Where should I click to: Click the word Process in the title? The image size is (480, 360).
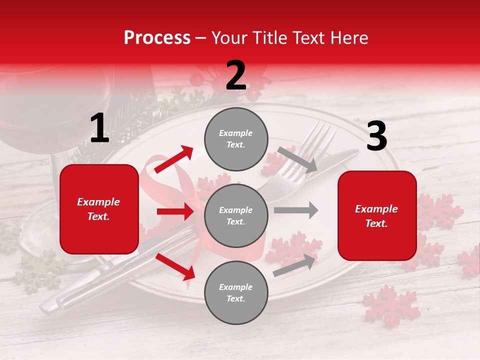(157, 38)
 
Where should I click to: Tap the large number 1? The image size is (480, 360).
(99, 128)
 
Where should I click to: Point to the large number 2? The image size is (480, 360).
(236, 75)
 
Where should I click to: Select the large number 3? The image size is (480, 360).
(376, 136)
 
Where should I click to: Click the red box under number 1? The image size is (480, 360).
(99, 209)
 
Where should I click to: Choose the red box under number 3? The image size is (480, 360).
(377, 216)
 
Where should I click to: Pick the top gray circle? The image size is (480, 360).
(236, 139)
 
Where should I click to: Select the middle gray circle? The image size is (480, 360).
(236, 215)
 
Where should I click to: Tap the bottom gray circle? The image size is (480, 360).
(236, 292)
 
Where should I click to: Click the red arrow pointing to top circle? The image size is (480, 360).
(174, 159)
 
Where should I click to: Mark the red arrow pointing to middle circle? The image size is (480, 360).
(175, 211)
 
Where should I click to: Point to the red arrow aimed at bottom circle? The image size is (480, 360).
(175, 266)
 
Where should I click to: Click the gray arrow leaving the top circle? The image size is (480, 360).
(297, 159)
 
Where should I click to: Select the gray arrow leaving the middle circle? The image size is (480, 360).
(296, 210)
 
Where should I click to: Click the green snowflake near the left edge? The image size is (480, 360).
(40, 270)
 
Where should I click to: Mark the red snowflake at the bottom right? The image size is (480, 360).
(391, 304)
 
